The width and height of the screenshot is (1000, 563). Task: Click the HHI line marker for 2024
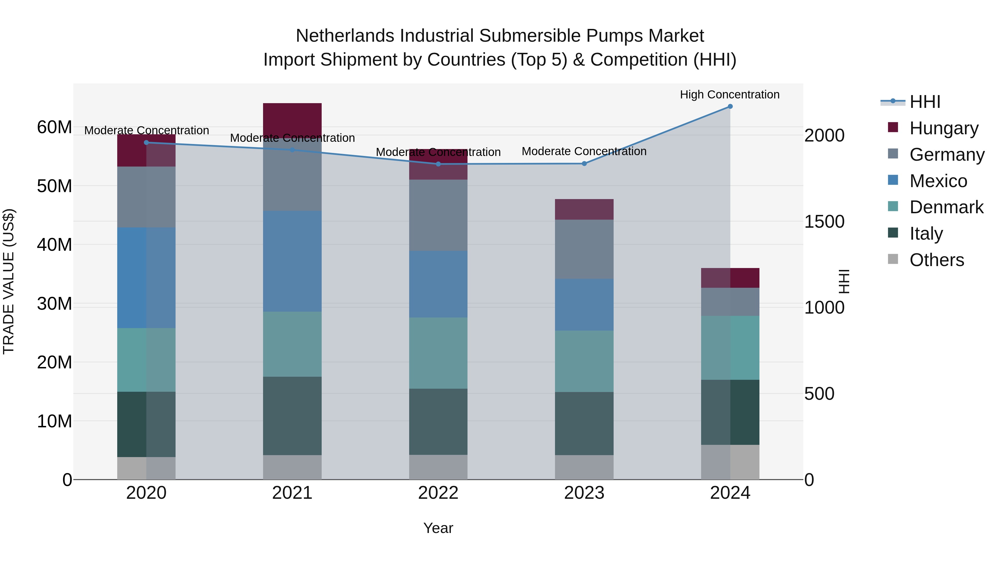730,106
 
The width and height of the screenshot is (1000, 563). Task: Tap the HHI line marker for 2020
146,143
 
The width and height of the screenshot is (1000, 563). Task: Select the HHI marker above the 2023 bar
584,163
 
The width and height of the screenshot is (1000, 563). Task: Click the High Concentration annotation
729,95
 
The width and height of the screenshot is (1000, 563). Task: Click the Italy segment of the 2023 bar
584,423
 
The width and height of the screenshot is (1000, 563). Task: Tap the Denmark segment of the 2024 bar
730,348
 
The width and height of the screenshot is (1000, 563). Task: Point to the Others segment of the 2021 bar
292,467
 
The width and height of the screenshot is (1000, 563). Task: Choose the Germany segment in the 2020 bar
146,197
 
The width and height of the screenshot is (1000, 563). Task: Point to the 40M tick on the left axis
54,245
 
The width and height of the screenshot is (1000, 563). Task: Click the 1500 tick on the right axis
824,222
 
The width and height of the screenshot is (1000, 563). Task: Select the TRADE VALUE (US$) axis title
9,281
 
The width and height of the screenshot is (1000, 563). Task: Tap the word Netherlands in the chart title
346,36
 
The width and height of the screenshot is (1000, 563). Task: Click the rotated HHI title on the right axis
844,281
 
